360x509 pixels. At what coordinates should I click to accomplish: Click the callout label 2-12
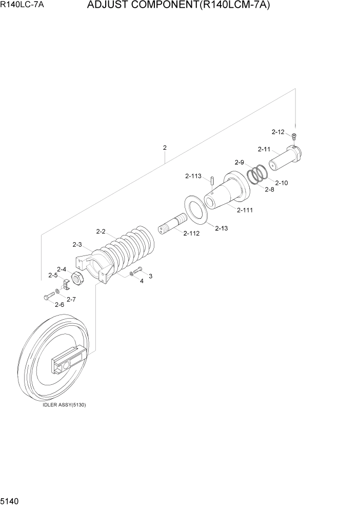[277, 132]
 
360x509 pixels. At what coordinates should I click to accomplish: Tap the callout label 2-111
[245, 210]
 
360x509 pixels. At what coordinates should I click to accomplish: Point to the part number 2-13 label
[221, 228]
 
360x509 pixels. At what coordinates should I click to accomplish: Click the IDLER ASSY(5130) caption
[64, 405]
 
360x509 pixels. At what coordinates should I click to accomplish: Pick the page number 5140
[11, 500]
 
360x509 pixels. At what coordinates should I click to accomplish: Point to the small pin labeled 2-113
[212, 181]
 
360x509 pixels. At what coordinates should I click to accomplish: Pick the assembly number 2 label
[165, 148]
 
